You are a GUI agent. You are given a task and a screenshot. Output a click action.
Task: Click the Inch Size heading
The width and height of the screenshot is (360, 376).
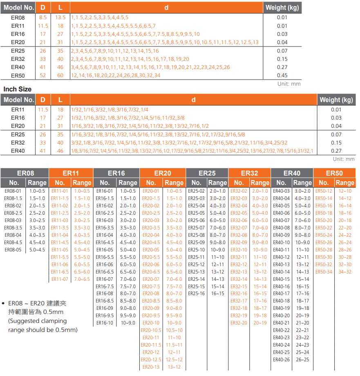[17, 89]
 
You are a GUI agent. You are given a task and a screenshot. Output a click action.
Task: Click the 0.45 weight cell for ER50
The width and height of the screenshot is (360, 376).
[282, 75]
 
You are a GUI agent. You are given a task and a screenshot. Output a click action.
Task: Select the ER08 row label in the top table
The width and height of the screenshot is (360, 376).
[18, 18]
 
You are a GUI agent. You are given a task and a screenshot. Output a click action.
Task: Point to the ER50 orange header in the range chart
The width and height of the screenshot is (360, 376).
[334, 173]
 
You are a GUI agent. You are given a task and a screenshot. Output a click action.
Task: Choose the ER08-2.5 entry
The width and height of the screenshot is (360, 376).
[13, 213]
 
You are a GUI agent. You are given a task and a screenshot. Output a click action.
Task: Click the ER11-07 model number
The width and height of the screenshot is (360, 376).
[60, 279]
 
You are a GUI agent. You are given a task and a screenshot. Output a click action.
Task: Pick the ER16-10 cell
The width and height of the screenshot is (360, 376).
[105, 323]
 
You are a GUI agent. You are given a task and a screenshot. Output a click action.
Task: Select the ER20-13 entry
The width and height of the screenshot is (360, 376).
[151, 367]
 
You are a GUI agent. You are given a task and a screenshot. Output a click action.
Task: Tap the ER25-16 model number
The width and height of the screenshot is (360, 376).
[196, 294]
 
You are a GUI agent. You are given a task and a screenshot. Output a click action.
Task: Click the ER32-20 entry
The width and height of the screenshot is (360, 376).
[239, 323]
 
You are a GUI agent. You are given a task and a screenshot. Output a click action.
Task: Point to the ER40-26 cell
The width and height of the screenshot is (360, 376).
[281, 360]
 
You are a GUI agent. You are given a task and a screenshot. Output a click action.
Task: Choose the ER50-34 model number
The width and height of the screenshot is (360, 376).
[324, 272]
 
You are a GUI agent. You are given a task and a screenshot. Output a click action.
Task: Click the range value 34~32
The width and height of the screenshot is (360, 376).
[345, 272]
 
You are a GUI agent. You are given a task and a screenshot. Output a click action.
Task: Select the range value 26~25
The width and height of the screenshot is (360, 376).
[302, 360]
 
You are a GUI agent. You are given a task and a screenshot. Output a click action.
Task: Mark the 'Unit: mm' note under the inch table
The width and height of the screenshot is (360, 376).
[344, 159]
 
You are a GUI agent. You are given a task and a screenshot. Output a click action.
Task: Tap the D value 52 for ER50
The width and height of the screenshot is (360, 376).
[42, 75]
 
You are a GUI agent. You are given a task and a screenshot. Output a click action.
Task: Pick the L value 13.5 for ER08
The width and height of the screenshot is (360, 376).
[60, 18]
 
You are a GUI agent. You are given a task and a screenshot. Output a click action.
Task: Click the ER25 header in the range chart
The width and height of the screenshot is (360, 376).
[207, 173]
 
